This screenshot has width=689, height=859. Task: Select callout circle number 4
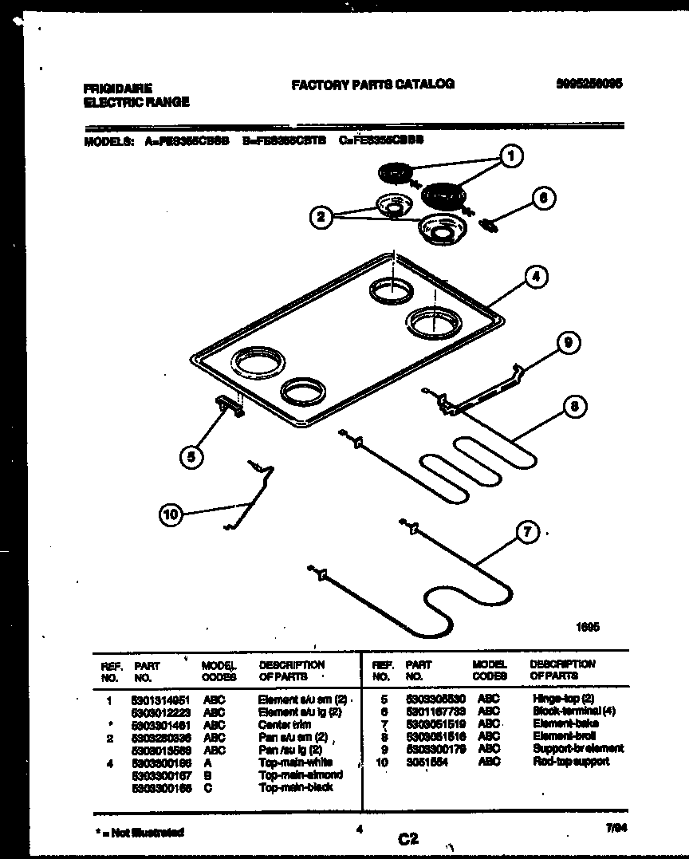point(536,277)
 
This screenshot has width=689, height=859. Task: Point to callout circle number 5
point(190,456)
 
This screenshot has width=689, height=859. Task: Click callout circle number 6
point(543,199)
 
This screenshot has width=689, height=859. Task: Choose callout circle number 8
point(574,406)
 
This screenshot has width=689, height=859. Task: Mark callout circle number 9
point(568,343)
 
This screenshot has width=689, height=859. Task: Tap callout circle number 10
point(171,514)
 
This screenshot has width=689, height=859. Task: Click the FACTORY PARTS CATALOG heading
point(372,84)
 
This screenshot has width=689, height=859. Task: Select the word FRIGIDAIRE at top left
point(117,89)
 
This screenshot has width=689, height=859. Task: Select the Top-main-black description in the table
point(296,787)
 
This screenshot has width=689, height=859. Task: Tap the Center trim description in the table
point(282,724)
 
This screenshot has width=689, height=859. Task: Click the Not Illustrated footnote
point(140,832)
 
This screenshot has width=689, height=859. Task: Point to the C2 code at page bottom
point(408,838)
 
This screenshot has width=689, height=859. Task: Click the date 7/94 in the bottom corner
point(612,830)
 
